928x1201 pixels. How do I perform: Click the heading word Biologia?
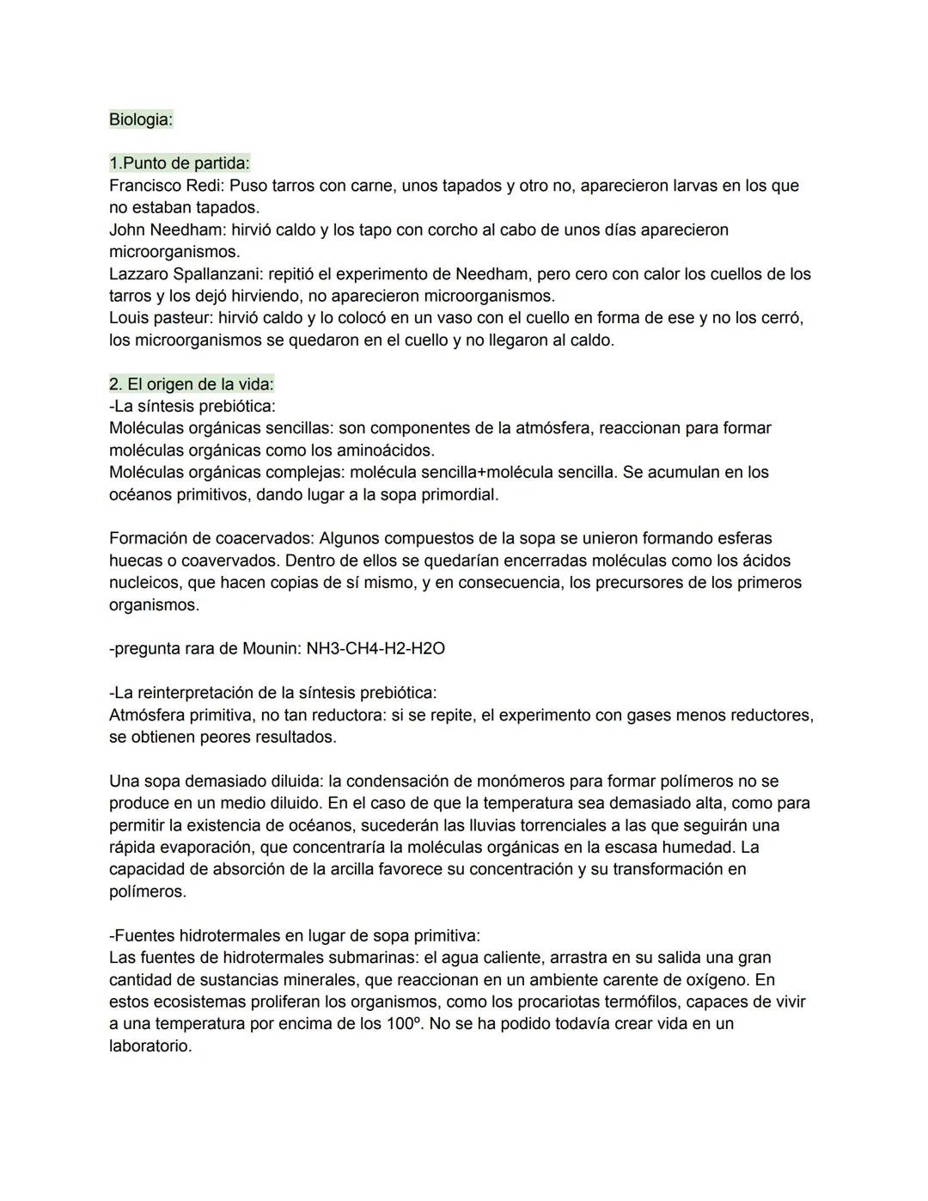[x=140, y=119]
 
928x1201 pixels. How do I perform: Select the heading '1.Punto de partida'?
[x=179, y=163]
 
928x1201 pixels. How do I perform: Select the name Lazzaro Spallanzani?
[x=186, y=274]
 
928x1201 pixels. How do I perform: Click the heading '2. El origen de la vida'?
[x=191, y=384]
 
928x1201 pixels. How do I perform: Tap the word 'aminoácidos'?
[x=384, y=450]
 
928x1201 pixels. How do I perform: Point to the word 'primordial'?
[x=456, y=495]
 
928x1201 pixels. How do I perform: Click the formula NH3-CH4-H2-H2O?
[x=375, y=649]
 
